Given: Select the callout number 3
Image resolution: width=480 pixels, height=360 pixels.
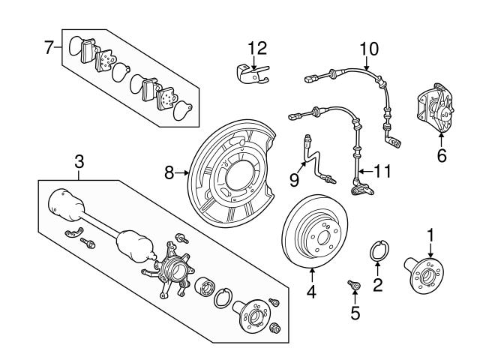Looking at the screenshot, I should tap(78, 161).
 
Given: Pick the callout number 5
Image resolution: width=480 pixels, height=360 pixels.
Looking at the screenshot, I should tap(355, 313).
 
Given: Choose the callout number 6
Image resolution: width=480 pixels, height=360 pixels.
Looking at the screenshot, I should tap(441, 156).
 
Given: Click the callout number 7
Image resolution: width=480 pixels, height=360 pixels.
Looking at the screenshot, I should tap(49, 48).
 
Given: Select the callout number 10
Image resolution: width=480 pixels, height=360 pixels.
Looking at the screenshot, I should tap(368, 50).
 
